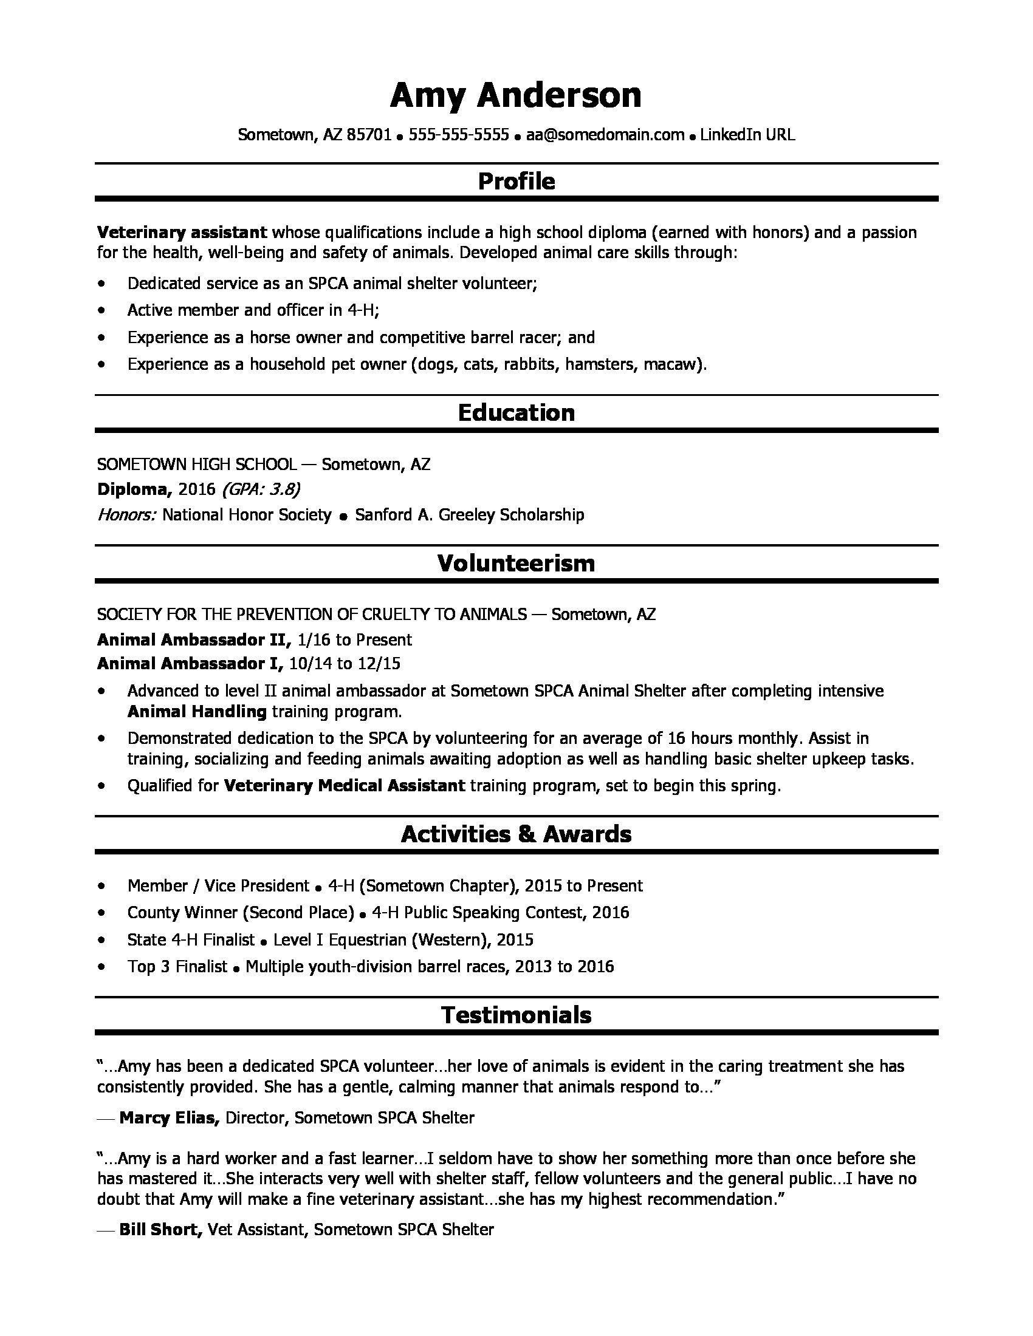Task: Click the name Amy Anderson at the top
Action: [x=515, y=96]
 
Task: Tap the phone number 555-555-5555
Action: [x=458, y=135]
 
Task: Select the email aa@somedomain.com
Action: [x=605, y=135]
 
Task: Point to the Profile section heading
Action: [x=516, y=181]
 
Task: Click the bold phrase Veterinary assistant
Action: [x=182, y=233]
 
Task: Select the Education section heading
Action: [x=516, y=413]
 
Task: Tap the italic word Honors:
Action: [x=126, y=515]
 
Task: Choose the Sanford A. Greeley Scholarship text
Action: [x=469, y=515]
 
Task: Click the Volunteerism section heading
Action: [x=516, y=564]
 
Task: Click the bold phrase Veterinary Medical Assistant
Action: [x=345, y=786]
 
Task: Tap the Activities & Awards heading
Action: [x=516, y=834]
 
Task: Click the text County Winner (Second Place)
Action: [x=241, y=913]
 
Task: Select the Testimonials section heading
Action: [x=516, y=1015]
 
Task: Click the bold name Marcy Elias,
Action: [x=170, y=1118]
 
